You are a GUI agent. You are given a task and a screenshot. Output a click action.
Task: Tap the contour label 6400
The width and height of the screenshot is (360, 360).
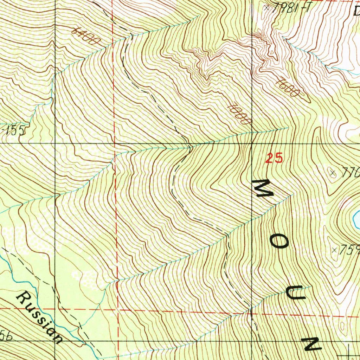point(85,37)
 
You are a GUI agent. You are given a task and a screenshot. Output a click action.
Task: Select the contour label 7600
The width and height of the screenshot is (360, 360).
point(287,88)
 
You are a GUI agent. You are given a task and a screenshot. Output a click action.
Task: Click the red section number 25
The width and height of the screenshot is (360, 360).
point(274,159)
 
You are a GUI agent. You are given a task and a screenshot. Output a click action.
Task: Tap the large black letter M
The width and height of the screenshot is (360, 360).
point(263,188)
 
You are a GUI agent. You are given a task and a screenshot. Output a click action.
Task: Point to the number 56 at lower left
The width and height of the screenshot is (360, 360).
point(5,337)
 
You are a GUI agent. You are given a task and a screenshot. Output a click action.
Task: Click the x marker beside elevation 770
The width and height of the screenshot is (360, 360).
point(333,172)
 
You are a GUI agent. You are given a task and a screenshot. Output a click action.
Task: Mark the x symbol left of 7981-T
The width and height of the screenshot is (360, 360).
point(268,7)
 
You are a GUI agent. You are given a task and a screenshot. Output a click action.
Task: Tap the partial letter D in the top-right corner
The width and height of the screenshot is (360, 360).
point(356,11)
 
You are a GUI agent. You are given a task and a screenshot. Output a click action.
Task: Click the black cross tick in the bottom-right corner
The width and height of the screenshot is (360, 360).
point(349,351)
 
